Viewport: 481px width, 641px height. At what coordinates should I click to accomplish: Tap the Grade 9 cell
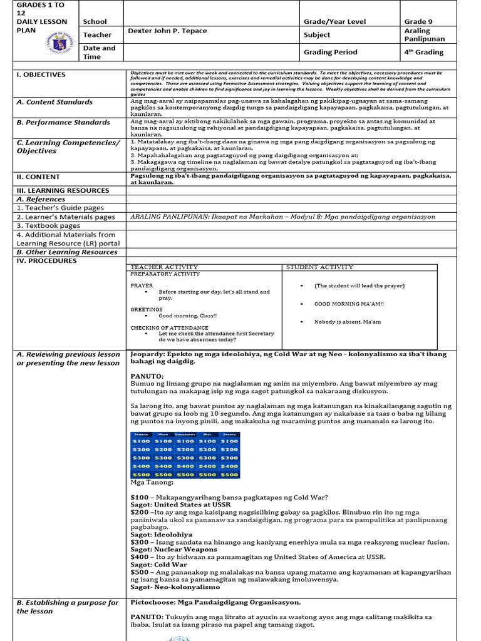(418, 21)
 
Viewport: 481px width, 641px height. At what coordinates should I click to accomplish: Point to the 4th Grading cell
(423, 52)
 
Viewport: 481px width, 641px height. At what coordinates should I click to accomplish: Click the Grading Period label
(330, 52)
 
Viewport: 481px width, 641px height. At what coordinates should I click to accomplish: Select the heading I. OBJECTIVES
(41, 74)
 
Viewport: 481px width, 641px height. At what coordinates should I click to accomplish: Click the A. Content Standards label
(54, 101)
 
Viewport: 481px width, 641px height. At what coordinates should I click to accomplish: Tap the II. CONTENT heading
(38, 177)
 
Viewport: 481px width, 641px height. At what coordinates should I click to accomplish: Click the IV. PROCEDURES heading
(46, 260)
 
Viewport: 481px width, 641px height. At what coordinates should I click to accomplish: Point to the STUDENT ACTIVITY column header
(319, 267)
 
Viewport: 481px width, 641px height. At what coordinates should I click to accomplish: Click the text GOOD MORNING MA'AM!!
(349, 304)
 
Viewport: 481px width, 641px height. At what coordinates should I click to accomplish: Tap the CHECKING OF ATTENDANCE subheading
(169, 327)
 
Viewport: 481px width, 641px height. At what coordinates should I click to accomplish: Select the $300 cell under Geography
(185, 458)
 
